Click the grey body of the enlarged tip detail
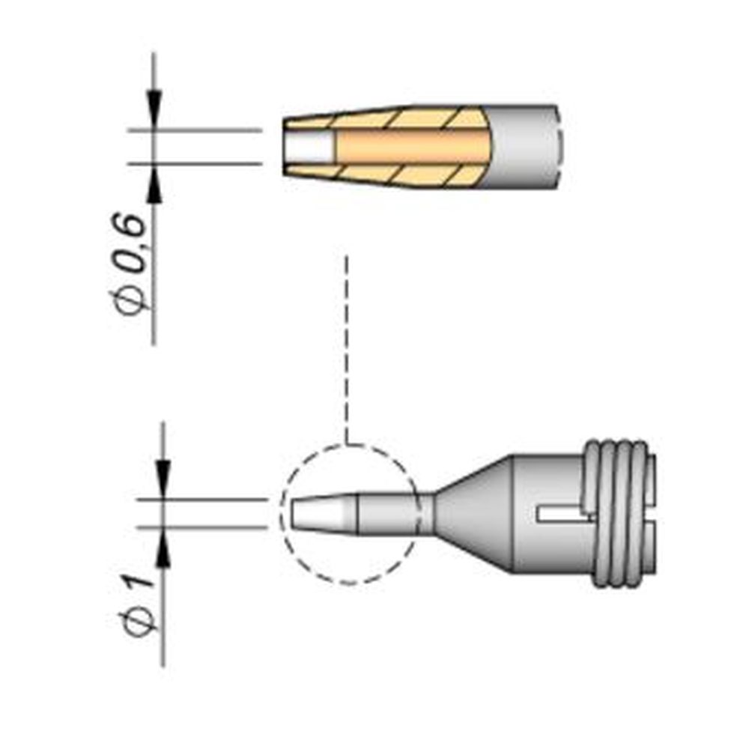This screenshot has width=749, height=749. pos(524,146)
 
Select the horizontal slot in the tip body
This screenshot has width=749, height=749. pos(562,514)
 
